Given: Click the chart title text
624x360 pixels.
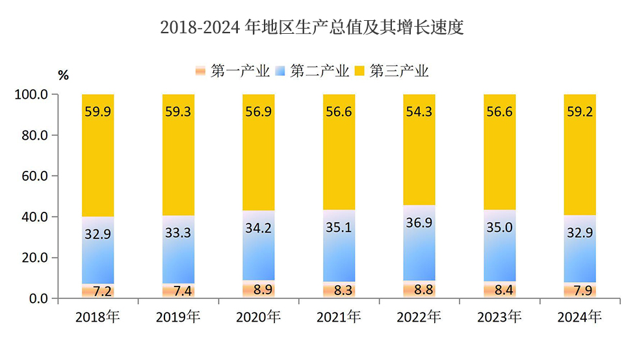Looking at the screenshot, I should click(311, 28).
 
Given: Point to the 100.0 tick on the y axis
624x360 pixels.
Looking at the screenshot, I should click(31, 95).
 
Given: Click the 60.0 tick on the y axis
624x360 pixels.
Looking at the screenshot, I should click(34, 176).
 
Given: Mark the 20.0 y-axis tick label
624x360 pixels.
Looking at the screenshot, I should click(34, 258).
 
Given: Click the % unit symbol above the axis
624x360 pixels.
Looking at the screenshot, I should click(63, 75).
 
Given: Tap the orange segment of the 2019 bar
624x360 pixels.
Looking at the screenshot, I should click(178, 291).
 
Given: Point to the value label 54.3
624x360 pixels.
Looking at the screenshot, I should click(419, 112).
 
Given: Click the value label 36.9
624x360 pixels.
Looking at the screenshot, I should click(419, 223).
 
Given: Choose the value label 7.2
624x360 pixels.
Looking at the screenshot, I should click(97, 290).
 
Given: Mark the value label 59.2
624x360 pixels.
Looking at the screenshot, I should click(580, 112).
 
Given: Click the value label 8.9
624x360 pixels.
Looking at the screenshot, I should click(258, 290).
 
